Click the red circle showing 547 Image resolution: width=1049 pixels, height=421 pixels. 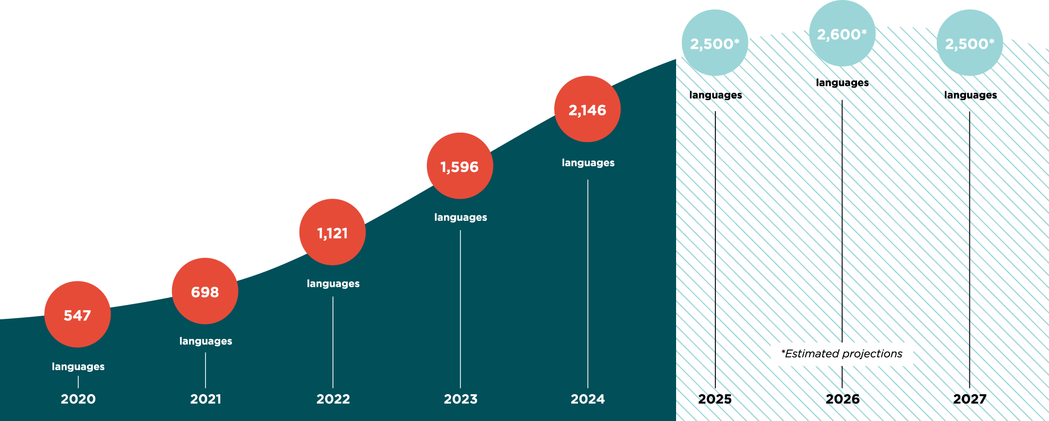(x=77, y=315)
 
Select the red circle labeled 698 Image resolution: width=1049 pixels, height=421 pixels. (x=205, y=291)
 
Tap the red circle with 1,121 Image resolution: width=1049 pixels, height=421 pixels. (x=332, y=232)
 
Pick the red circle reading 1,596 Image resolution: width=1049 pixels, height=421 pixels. (x=459, y=166)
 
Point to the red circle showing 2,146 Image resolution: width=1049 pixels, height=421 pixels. (x=587, y=109)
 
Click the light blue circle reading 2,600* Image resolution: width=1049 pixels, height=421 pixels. (x=842, y=34)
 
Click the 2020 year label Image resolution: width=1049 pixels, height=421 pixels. (x=78, y=399)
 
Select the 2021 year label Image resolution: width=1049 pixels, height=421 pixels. (x=206, y=399)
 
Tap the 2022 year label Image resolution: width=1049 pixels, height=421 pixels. (x=333, y=399)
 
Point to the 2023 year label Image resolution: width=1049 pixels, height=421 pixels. (x=461, y=399)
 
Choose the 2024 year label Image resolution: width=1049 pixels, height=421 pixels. (x=587, y=399)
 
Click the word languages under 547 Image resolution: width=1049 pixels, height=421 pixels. (x=78, y=366)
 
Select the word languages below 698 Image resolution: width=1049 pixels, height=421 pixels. (x=206, y=341)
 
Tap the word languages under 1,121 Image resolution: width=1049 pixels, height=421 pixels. (x=333, y=284)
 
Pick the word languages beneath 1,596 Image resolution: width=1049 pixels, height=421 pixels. (x=461, y=217)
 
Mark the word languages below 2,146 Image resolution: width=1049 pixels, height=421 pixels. (x=588, y=163)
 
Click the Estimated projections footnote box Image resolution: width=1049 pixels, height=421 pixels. (x=841, y=354)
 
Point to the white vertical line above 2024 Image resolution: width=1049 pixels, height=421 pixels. (x=587, y=283)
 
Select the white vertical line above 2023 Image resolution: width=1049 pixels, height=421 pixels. (x=461, y=309)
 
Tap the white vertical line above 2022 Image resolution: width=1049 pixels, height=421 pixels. (x=333, y=341)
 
